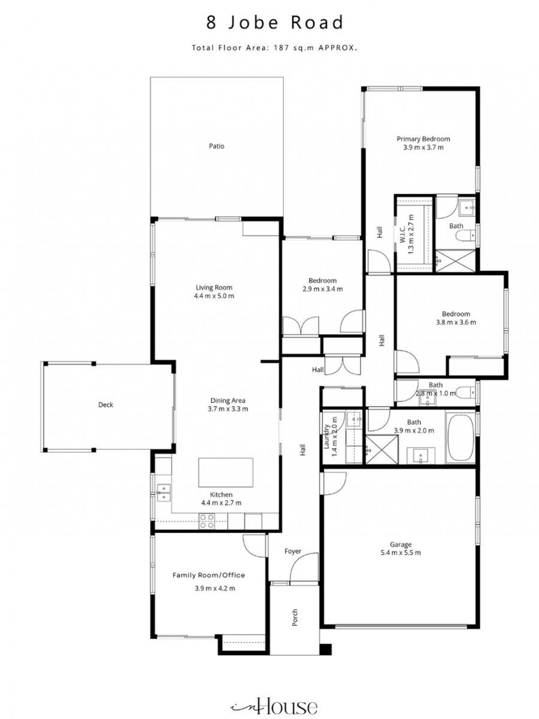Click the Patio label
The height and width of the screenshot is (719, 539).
click(217, 146)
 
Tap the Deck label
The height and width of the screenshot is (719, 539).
click(106, 405)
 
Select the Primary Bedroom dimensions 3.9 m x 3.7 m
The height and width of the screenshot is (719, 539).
click(423, 147)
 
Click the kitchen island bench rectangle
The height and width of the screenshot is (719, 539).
click(226, 472)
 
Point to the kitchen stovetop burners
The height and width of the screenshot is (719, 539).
click(207, 521)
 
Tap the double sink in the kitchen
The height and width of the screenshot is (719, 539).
click(163, 493)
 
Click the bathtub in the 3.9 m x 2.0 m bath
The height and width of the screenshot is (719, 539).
click(461, 438)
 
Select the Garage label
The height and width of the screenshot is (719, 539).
click(401, 545)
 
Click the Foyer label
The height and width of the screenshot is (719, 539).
click(293, 551)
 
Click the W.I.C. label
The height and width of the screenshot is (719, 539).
click(402, 234)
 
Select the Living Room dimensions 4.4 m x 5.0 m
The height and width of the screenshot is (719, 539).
click(214, 296)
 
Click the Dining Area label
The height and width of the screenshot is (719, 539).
click(228, 400)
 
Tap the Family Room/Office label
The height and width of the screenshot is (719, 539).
click(209, 575)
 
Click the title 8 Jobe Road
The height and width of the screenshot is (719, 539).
click(275, 23)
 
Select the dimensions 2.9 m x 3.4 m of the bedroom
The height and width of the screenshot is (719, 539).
click(322, 289)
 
